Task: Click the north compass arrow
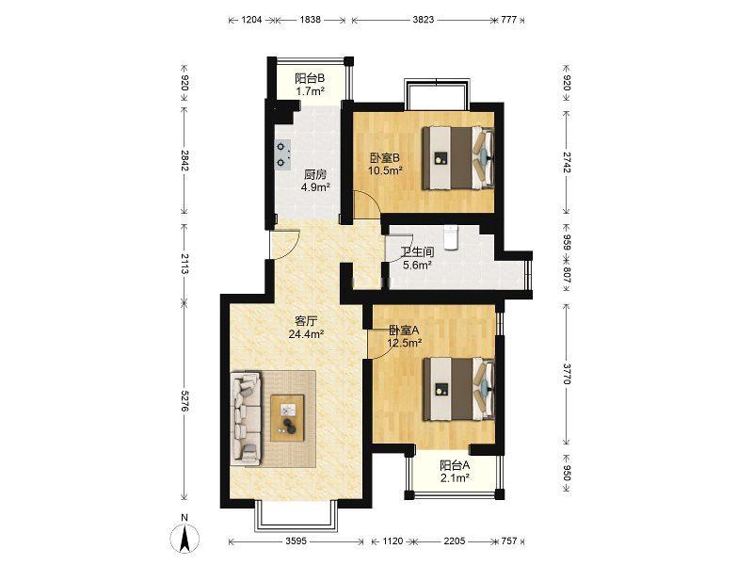coord(184,539)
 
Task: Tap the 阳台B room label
coord(310,78)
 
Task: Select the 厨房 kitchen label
coord(315,174)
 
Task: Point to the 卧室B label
coord(385,157)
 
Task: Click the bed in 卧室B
coord(457,158)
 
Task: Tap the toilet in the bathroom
coord(451,238)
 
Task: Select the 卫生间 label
coord(417,251)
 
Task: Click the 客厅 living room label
coord(305,320)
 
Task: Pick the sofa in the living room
coord(246,418)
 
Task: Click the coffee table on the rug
coord(287,417)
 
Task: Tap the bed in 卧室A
coord(458,389)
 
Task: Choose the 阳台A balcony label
coord(455,465)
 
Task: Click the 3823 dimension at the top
coord(423,20)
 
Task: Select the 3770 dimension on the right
coord(567,373)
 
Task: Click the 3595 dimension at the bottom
coord(296,541)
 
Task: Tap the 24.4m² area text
coord(305,333)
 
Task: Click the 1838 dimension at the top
coord(311,20)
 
